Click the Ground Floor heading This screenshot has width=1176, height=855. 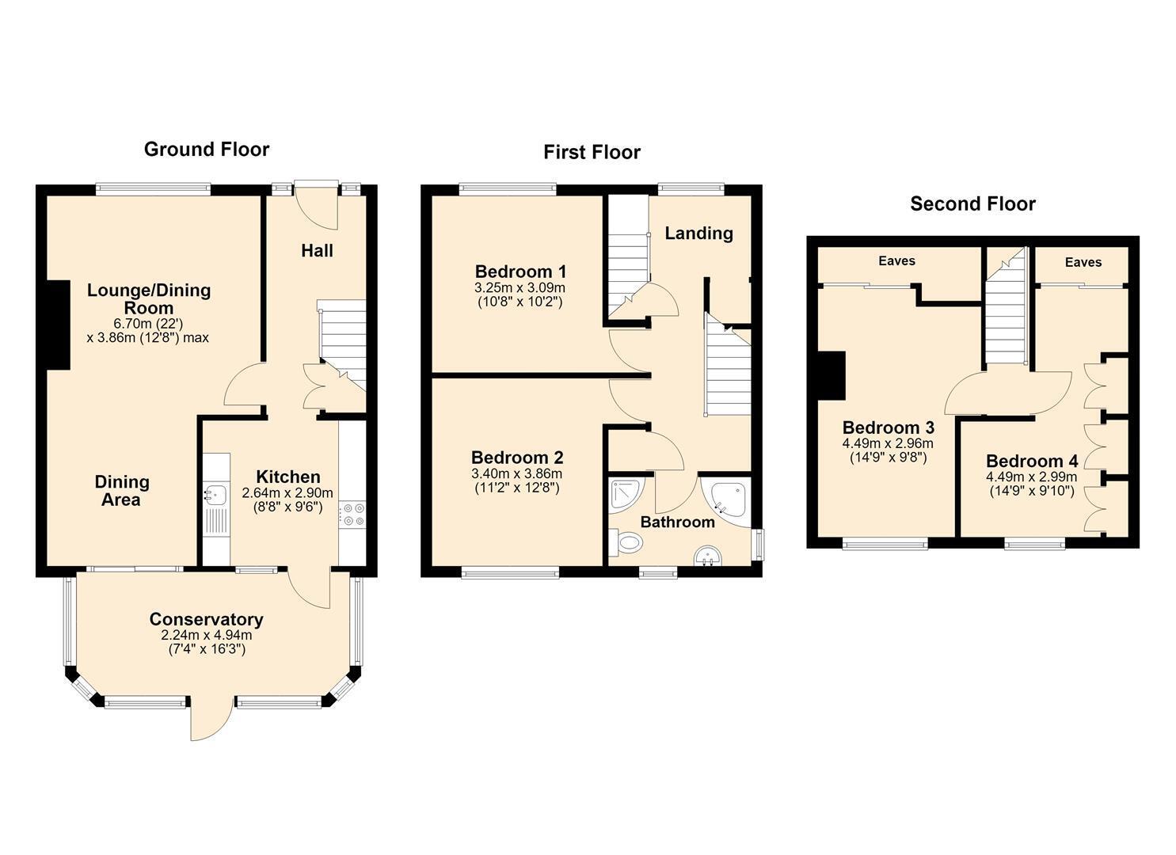pyautogui.click(x=207, y=150)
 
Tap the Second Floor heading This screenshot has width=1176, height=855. pyautogui.click(x=972, y=203)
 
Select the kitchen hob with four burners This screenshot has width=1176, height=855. pyautogui.click(x=352, y=515)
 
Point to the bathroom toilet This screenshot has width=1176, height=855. pyautogui.click(x=626, y=542)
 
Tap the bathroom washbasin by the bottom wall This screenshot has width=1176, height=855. pyautogui.click(x=708, y=557)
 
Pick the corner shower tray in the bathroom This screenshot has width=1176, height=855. pyautogui.click(x=626, y=493)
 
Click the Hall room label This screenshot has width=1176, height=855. pyautogui.click(x=317, y=251)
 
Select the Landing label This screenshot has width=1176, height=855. pyautogui.click(x=698, y=234)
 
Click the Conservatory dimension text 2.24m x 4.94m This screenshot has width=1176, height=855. pyautogui.click(x=207, y=636)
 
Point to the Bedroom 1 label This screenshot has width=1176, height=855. pyautogui.click(x=520, y=272)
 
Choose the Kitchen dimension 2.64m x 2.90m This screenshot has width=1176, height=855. pyautogui.click(x=287, y=493)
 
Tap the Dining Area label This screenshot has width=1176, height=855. pyautogui.click(x=121, y=491)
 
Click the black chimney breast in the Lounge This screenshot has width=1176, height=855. pyautogui.click(x=59, y=325)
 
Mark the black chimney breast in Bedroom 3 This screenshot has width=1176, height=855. pyautogui.click(x=832, y=376)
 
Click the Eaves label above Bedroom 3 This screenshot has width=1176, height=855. pyautogui.click(x=896, y=261)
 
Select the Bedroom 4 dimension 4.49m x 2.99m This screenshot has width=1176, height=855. pyautogui.click(x=1032, y=477)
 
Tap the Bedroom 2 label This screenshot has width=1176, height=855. pyautogui.click(x=517, y=458)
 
